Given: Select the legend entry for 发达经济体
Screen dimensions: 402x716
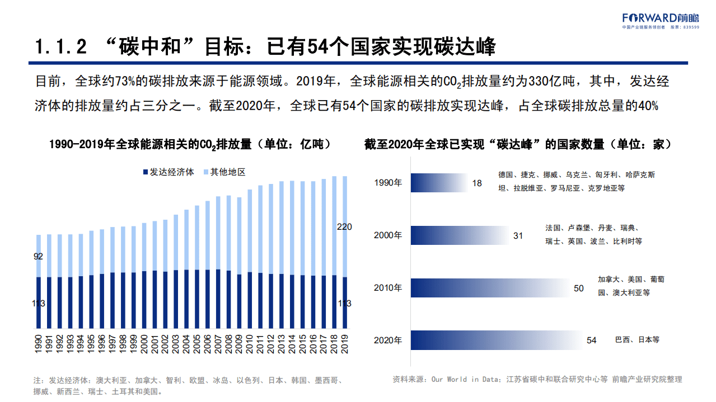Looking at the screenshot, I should coord(168,172).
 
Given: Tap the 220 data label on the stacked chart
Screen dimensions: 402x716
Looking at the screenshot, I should coord(344,227).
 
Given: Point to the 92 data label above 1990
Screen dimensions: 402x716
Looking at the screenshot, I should coord(39,257).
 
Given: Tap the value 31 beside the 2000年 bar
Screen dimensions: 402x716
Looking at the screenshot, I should coord(518,236).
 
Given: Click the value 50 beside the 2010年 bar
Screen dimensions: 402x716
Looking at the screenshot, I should coord(579,289).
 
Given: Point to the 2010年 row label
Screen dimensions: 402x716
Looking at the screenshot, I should coord(387,289).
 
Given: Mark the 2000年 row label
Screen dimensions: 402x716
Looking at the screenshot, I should coord(387,236).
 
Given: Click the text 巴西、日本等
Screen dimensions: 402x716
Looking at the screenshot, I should coord(637,340).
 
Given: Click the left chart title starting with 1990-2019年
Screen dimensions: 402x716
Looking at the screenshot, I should coord(190,144).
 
